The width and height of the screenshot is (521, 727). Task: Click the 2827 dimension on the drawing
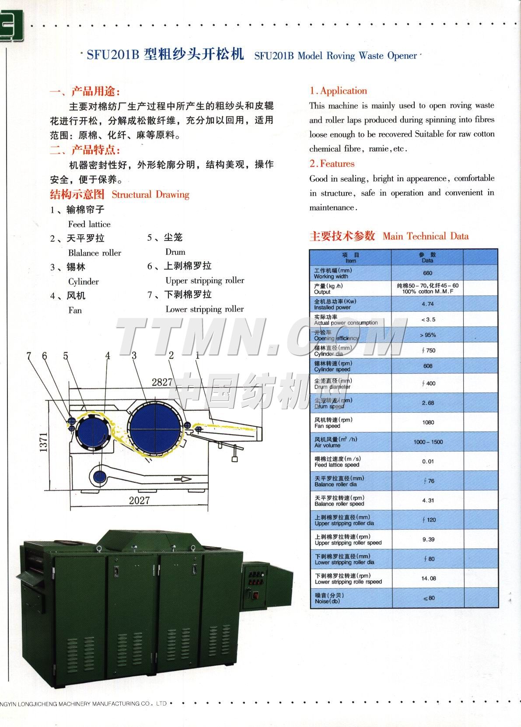click(162, 382)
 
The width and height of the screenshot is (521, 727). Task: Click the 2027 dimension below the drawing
click(139, 500)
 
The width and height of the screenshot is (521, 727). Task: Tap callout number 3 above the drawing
click(134, 355)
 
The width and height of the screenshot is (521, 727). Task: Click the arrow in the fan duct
click(183, 479)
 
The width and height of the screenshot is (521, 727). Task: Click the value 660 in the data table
click(427, 273)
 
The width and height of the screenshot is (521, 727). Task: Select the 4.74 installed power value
click(427, 304)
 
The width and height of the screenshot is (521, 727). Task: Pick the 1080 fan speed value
click(428, 422)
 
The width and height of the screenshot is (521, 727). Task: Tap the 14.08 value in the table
click(428, 578)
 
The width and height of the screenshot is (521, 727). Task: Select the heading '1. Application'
click(338, 91)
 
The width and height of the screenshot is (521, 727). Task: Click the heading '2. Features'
click(332, 164)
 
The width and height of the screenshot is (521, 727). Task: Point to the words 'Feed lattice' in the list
click(89, 224)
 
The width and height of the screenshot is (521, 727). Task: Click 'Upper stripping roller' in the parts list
click(205, 280)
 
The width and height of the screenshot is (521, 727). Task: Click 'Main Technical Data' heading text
click(425, 236)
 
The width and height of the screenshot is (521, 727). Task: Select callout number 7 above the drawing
click(29, 356)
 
